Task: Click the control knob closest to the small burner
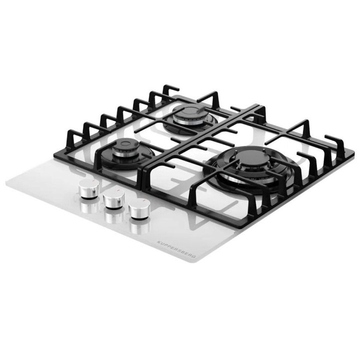tap(88, 188)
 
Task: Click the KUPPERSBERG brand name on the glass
tap(176, 249)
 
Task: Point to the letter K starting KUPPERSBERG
tap(158, 242)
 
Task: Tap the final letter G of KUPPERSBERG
tap(194, 256)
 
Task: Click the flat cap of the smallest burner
tap(126, 144)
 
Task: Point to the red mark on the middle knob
tap(118, 190)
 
